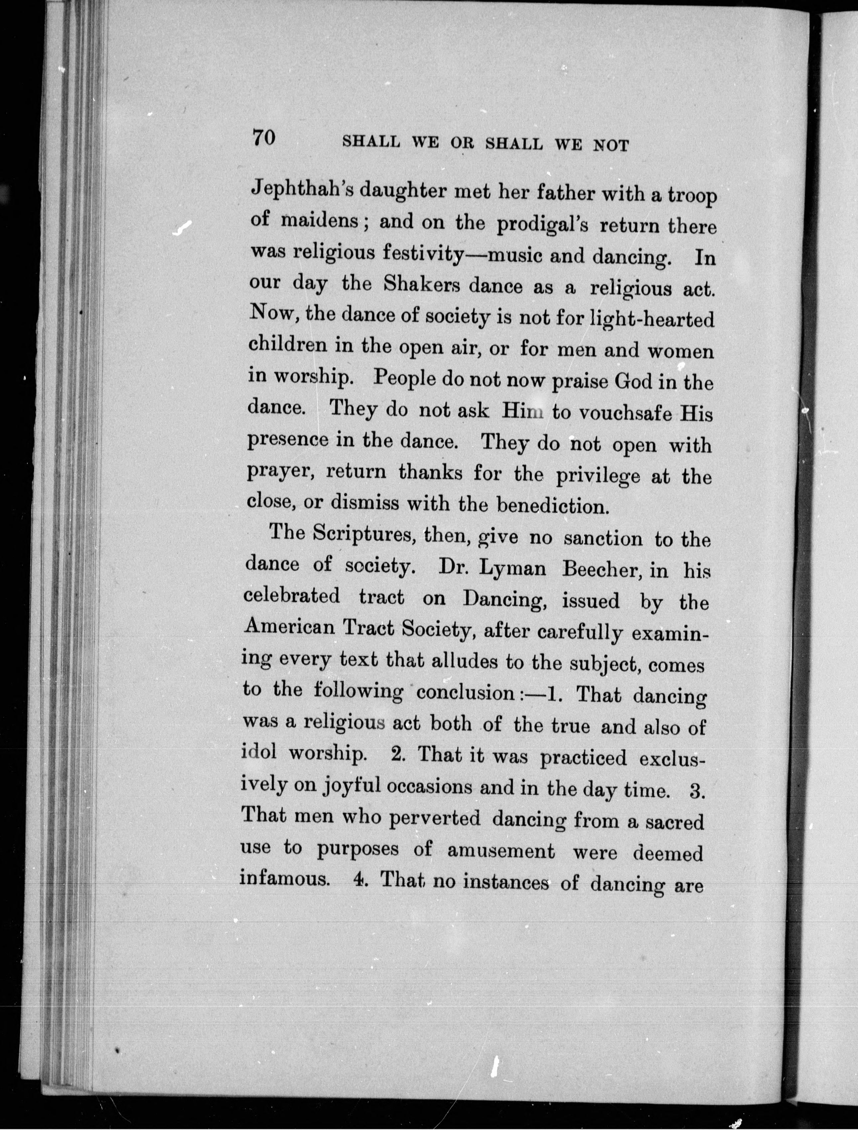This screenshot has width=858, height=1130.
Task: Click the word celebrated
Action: coord(291,596)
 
